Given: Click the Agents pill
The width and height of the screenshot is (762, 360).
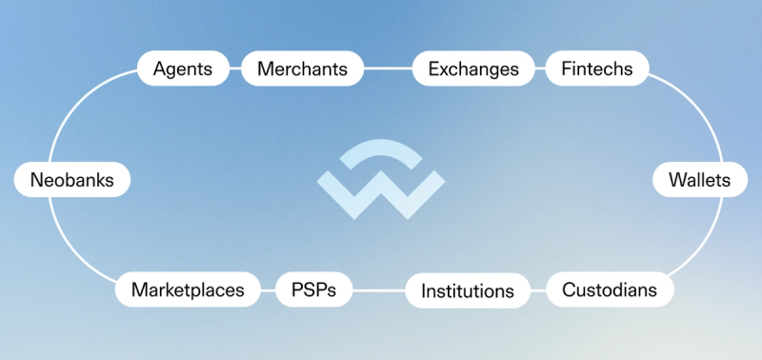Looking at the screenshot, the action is click(x=183, y=69).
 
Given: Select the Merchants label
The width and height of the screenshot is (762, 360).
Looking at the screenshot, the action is click(x=302, y=69).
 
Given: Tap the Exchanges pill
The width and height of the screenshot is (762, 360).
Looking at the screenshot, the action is click(x=473, y=69).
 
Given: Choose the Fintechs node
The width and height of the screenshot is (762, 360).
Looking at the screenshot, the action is click(x=597, y=69).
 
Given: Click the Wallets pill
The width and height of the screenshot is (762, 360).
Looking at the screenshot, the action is click(x=699, y=180).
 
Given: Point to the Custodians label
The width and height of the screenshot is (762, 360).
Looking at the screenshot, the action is click(x=610, y=290).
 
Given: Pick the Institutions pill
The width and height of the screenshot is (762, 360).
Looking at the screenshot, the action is click(x=468, y=290).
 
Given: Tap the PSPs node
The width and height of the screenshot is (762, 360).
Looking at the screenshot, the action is click(x=314, y=290).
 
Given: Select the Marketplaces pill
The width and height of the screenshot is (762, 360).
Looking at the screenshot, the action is click(x=188, y=290).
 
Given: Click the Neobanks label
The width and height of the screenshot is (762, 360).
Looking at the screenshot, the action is click(x=72, y=180).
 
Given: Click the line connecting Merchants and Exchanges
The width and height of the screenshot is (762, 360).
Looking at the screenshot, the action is click(x=388, y=69).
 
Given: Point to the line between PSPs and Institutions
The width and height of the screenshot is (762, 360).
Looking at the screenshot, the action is click(x=379, y=290).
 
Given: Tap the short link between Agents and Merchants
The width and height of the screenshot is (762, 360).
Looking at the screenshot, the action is click(x=235, y=69).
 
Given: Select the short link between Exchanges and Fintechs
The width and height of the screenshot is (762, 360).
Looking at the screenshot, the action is click(x=540, y=69).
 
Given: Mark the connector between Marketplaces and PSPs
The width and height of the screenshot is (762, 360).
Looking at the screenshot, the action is click(x=268, y=290).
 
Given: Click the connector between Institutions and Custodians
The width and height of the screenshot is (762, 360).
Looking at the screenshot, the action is click(x=538, y=290).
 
